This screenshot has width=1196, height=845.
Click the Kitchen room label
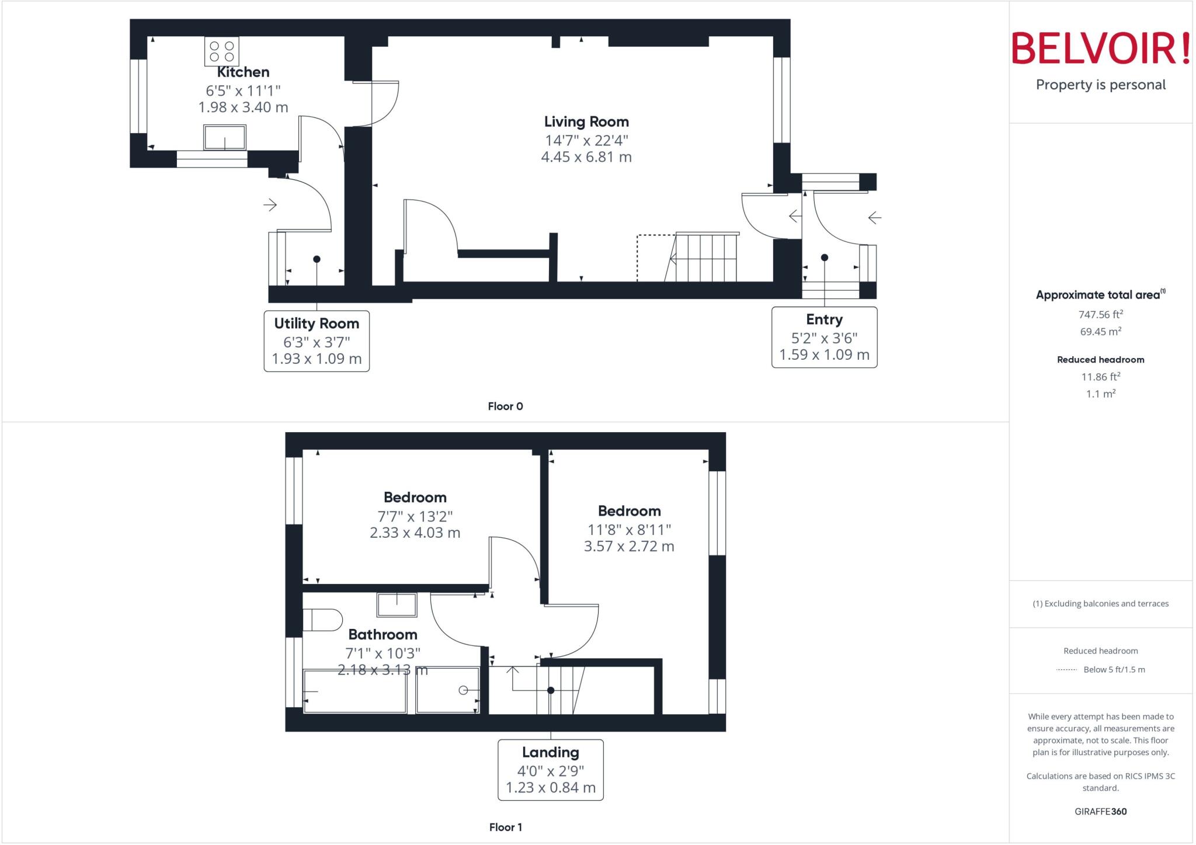243,72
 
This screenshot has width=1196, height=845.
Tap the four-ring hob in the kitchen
222,51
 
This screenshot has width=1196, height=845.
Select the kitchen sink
225,138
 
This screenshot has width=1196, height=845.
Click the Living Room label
586,121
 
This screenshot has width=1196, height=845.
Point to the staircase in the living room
703,258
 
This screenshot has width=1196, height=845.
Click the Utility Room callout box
317,341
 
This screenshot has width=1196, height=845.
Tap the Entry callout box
824,337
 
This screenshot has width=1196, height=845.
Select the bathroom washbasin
397,605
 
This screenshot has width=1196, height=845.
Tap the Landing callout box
550,770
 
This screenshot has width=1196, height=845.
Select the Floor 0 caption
505,406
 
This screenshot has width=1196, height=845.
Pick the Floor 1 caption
506,827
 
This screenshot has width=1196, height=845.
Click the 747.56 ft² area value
1100,314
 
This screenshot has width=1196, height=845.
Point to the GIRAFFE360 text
1100,811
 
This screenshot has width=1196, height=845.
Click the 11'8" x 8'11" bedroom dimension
629,530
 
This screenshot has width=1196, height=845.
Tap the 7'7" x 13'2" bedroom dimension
415,516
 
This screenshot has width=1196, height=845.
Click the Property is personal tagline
1100,85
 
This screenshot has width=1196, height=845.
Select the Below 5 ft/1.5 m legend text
1114,669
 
